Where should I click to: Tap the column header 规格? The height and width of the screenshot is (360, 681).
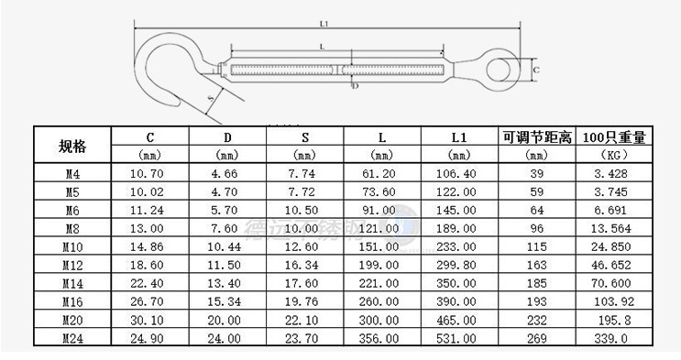click(x=71, y=146)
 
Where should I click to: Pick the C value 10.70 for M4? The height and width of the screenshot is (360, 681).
click(x=149, y=172)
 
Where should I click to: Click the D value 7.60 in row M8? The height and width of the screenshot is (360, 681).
click(x=227, y=227)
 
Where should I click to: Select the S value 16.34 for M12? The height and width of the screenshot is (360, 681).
click(x=305, y=264)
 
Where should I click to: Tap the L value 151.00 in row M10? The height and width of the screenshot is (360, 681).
click(x=382, y=245)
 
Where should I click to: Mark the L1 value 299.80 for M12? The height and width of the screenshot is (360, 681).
click(x=459, y=264)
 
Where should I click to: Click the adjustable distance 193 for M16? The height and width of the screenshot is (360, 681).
click(x=537, y=301)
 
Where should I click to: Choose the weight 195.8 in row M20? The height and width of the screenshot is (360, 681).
click(x=614, y=320)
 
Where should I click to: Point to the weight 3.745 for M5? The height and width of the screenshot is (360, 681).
click(x=614, y=191)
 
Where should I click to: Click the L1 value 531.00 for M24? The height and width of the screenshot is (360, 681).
click(x=459, y=338)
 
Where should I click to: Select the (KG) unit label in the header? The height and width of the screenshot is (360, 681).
click(x=614, y=155)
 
